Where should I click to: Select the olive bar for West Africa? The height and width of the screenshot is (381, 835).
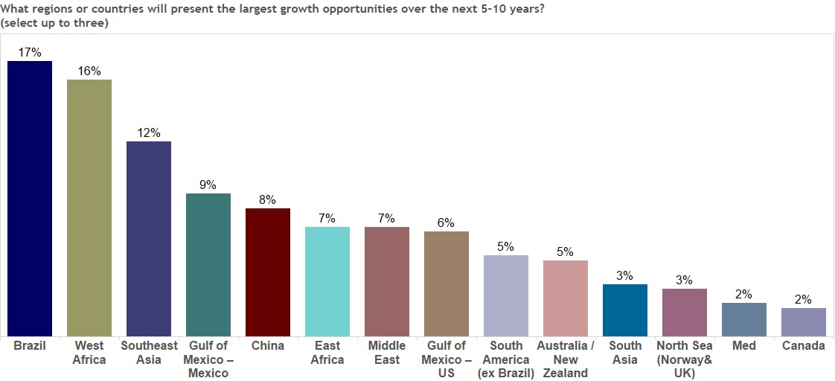click(x=89, y=208)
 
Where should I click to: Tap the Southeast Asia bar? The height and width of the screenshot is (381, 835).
click(x=149, y=238)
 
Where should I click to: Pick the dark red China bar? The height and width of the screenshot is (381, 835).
click(x=268, y=272)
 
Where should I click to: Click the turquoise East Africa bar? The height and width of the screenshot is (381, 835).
click(x=327, y=281)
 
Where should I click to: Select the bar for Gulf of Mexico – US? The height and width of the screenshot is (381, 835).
click(x=447, y=284)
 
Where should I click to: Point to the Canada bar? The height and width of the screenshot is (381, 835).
click(x=804, y=321)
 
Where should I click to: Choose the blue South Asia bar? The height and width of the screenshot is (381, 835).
click(x=625, y=310)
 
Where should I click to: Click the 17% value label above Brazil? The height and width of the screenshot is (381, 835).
click(x=30, y=52)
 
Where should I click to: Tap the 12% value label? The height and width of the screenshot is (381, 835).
click(x=149, y=132)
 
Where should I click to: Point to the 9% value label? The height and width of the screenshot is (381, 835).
click(x=208, y=185)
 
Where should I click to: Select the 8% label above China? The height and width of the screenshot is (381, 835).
click(x=268, y=199)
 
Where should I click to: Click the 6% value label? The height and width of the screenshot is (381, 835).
click(x=447, y=222)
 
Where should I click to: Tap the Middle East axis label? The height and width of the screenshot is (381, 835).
click(x=387, y=353)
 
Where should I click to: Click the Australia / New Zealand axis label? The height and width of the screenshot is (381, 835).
click(x=566, y=359)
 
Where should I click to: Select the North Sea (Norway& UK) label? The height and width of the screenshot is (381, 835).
click(x=685, y=359)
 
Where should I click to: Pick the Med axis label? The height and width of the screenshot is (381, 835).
click(x=744, y=346)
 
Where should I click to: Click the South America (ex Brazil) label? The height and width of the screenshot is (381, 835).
click(x=506, y=359)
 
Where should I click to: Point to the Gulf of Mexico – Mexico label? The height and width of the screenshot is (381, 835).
click(x=208, y=359)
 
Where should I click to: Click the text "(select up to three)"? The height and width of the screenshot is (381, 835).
click(x=55, y=23)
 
